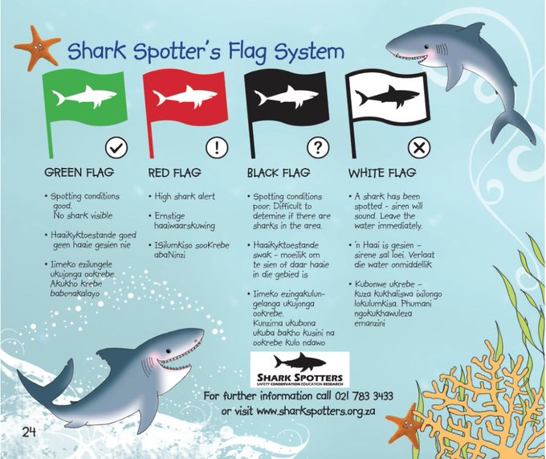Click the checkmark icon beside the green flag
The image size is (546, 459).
[x=116, y=148]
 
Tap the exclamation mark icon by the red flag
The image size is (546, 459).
[x=217, y=148]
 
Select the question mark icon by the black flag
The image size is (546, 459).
[x=318, y=148]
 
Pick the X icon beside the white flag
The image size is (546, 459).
[x=419, y=148]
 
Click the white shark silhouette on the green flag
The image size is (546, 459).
[x=84, y=96]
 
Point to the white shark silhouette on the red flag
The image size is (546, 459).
[x=185, y=96]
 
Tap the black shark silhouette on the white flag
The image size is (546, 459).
[x=387, y=96]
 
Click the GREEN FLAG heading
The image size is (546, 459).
[x=79, y=173]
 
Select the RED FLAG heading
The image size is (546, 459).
[x=175, y=173]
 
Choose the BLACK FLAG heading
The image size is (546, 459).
[x=279, y=173]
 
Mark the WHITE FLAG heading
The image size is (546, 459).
[x=382, y=173]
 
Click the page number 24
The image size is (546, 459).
[x=29, y=432]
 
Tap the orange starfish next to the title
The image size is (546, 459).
[x=37, y=48]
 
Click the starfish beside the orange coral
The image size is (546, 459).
[x=405, y=425]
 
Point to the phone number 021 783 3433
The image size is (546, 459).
[x=364, y=396]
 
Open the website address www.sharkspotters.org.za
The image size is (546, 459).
[x=316, y=412]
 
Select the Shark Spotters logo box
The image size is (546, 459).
[x=299, y=370]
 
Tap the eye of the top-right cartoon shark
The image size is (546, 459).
[x=426, y=47]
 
